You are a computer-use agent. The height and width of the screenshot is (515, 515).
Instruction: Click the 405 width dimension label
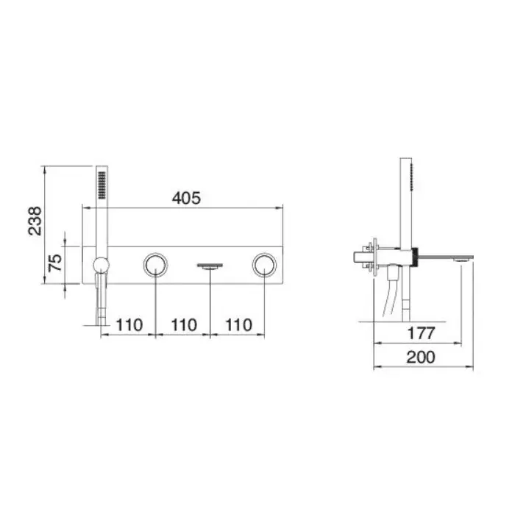click(x=186, y=198)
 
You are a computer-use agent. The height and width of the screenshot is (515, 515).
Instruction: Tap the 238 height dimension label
click(x=35, y=221)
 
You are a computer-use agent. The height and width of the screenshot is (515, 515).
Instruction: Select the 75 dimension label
click(x=55, y=263)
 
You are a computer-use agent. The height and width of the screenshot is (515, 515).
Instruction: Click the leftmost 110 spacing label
click(x=129, y=325)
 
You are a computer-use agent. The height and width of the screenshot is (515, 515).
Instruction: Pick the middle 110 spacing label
click(x=184, y=325)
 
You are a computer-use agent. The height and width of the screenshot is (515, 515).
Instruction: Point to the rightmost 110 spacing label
click(x=238, y=325)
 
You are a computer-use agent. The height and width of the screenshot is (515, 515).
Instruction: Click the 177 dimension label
click(x=421, y=333)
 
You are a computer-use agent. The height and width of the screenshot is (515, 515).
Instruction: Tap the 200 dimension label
click(x=421, y=358)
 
